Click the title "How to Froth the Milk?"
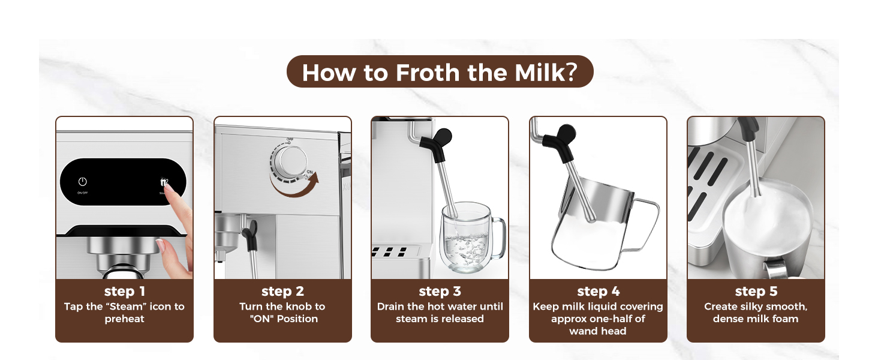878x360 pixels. pos(440,72)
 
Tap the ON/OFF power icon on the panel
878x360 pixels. pos(83,182)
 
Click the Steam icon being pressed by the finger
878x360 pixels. pos(164,182)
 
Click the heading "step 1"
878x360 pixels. pos(124,292)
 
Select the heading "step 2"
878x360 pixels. pos(282,292)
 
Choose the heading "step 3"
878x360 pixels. pos(440,292)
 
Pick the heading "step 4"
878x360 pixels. pos(598,292)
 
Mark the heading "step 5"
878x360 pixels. pos(756,292)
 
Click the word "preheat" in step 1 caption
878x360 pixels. pos(124,319)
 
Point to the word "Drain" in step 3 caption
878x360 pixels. pos(390,307)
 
